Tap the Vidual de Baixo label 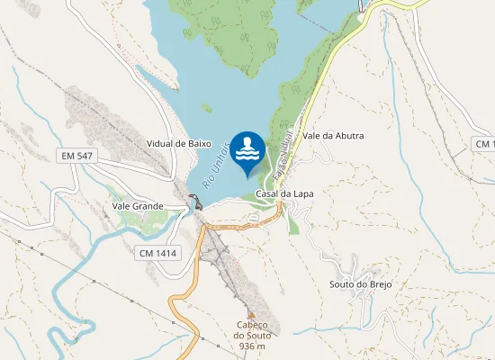pyautogui.click(x=178, y=143)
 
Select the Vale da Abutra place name pyautogui.click(x=334, y=136)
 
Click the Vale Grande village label pyautogui.click(x=138, y=206)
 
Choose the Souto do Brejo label pyautogui.click(x=361, y=284)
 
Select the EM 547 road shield pyautogui.click(x=78, y=157)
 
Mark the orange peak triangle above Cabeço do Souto pyautogui.click(x=252, y=314)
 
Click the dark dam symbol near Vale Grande pyautogui.click(x=195, y=201)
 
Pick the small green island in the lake pyautogui.click(x=207, y=107)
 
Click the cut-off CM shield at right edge pyautogui.click(x=485, y=144)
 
